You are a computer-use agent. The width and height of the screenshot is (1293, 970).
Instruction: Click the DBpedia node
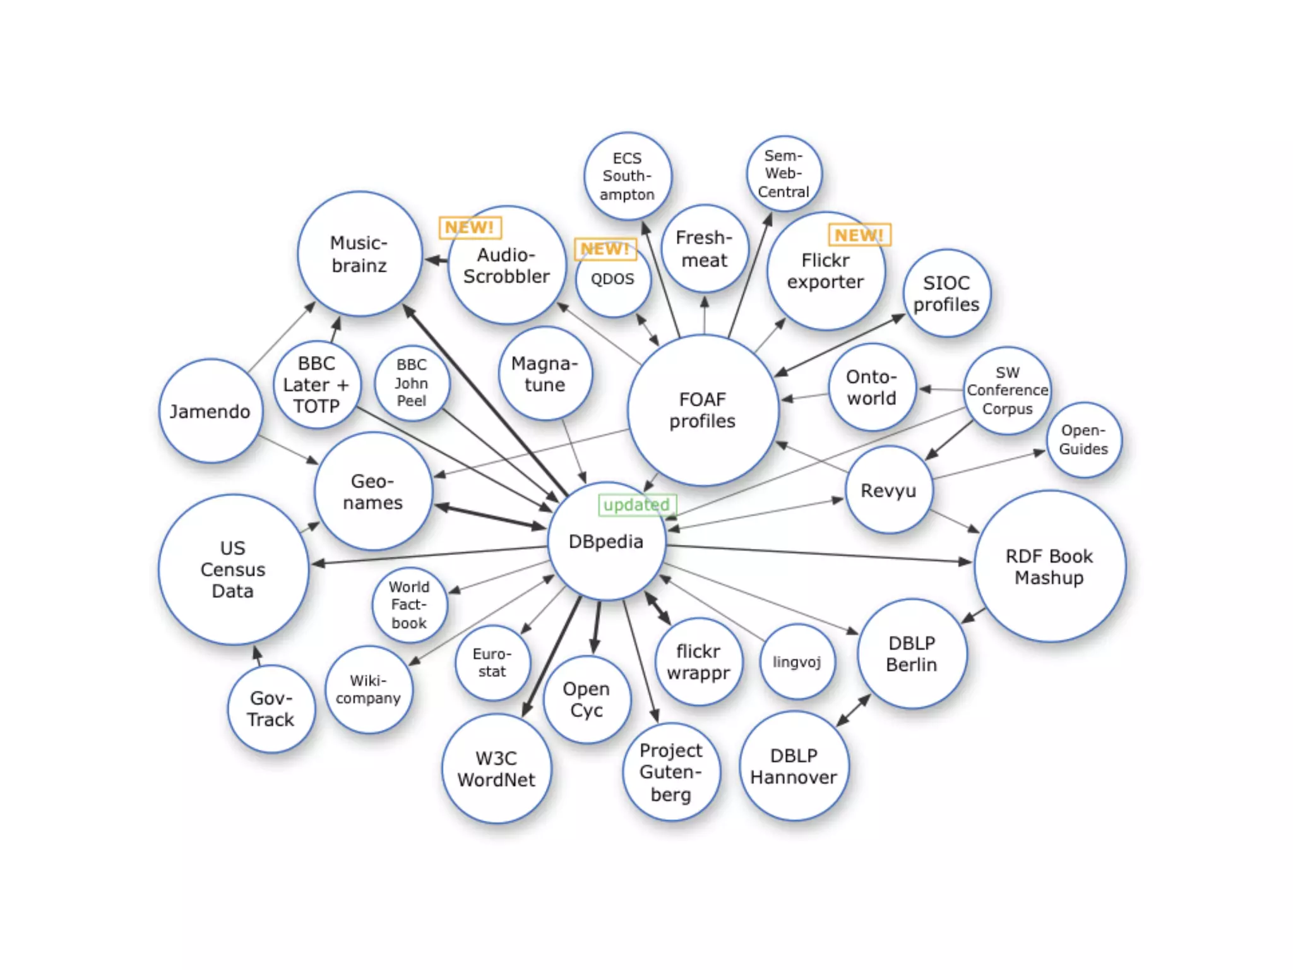coord(606,541)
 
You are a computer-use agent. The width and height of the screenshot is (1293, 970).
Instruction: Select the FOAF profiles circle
coord(703,410)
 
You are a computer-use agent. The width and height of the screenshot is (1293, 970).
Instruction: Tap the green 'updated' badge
coord(637,505)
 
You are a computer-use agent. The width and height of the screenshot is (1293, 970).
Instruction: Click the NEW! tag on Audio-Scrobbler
coord(470,227)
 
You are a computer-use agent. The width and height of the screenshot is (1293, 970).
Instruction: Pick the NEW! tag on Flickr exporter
coord(859,235)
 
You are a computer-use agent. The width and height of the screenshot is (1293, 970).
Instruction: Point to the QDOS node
coord(612,279)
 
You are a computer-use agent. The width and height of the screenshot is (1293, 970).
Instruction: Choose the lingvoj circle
coord(797,662)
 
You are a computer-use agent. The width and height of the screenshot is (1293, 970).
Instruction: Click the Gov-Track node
coord(271,709)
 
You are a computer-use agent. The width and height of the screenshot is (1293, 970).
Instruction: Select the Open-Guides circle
coord(1083,440)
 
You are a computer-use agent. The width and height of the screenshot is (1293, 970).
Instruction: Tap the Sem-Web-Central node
coord(784,174)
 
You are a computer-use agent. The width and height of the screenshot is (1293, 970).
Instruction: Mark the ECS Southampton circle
coord(627,176)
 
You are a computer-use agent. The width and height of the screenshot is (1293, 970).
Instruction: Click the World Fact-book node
coord(409,605)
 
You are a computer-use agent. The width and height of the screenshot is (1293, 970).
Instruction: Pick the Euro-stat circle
coord(492,662)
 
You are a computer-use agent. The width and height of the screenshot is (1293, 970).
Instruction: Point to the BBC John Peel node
coord(412,383)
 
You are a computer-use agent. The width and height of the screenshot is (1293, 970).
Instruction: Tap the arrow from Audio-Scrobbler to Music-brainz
coord(436,260)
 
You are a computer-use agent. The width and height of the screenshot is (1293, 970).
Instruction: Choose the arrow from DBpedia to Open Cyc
coord(597,628)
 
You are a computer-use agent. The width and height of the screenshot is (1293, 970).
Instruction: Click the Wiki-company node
coord(369,690)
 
